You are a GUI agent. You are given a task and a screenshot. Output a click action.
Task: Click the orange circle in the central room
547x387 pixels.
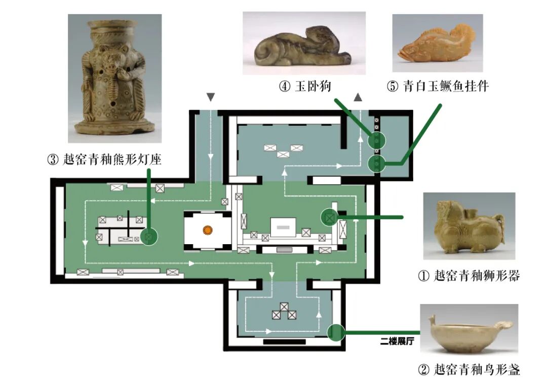coord(207,230)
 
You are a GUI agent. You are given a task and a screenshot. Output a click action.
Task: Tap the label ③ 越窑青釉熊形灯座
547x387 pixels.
coord(104,161)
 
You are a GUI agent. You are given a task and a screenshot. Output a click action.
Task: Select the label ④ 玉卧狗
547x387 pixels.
coord(305,87)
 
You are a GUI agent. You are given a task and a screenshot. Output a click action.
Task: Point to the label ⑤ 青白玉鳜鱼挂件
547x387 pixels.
coord(438,87)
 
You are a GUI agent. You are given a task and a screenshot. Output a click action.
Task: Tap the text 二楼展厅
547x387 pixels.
coord(397,341)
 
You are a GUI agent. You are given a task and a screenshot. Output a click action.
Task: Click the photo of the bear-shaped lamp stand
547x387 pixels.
coord(114,78)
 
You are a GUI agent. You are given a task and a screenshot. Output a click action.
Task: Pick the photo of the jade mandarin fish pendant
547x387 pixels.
coord(438,43)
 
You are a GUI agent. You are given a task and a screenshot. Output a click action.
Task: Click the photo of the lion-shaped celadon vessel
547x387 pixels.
coord(469,226)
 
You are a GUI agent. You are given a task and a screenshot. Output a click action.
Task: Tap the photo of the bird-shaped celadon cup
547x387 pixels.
coord(468,329)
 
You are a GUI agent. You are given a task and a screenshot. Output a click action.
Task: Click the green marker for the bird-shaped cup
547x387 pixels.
coord(335,332)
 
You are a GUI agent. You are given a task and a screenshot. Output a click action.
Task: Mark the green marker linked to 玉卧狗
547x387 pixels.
coord(377,139)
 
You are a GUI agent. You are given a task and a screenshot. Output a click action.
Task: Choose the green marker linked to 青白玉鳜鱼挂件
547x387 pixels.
coord(377,163)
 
